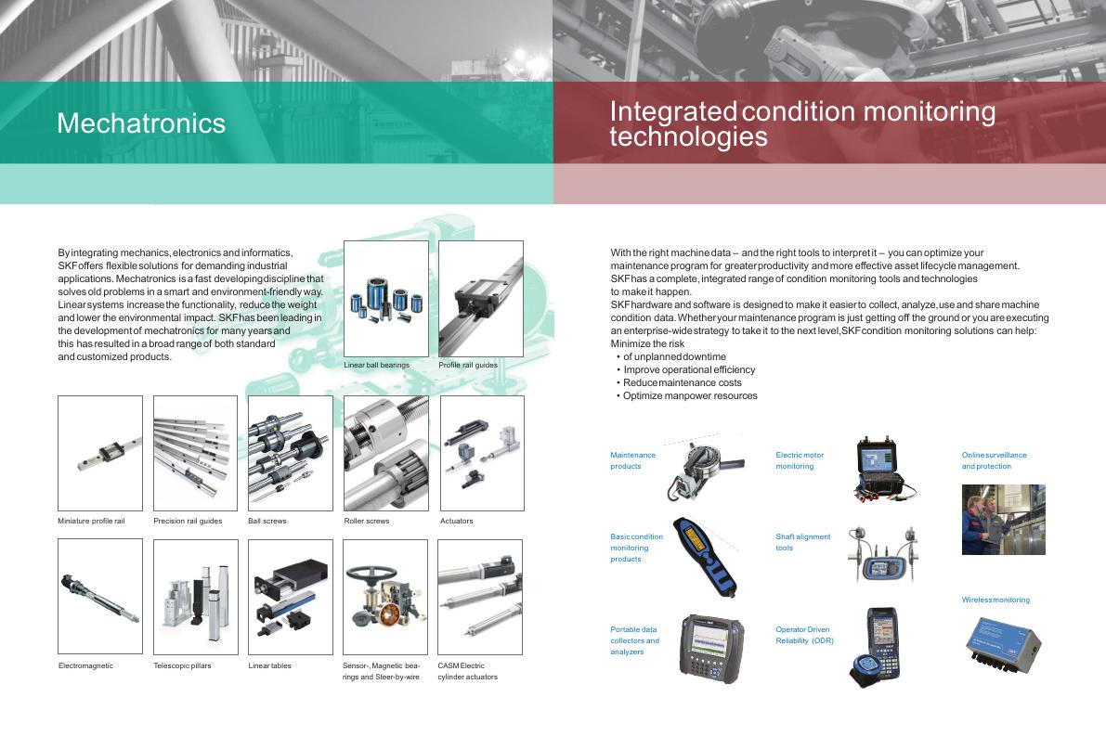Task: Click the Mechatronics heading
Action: coord(141,123)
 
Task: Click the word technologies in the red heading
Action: coord(688,136)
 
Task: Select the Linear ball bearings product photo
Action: coord(385,299)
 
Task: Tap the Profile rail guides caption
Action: coord(468,365)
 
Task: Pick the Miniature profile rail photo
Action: coord(100,453)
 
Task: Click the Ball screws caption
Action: coord(267,521)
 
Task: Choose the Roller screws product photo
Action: coord(385,453)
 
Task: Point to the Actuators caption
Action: coord(456,521)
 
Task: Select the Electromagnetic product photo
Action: coord(100,597)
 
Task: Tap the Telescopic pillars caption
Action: coord(182,665)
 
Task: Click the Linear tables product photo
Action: coord(291,597)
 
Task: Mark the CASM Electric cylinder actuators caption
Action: coord(468,671)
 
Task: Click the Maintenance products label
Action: coord(632,460)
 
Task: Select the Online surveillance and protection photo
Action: coord(1004,520)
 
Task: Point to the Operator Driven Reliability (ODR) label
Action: coord(805,635)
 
